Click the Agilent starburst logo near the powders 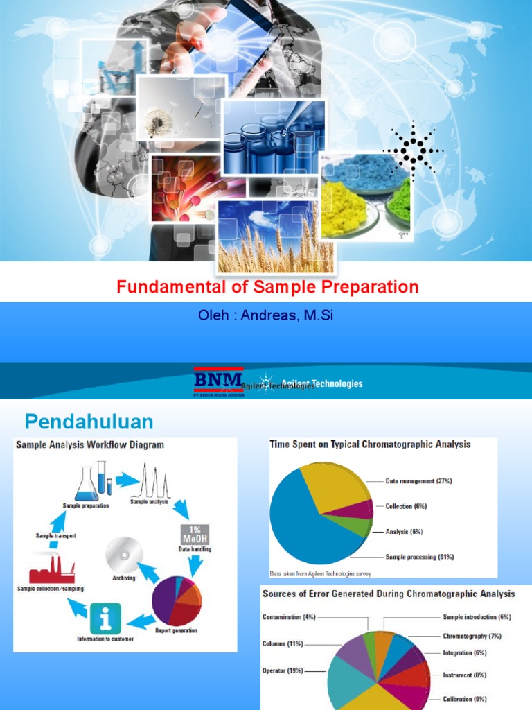click(x=414, y=149)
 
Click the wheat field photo click(x=276, y=236)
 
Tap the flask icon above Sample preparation click(x=87, y=483)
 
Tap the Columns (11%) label click(x=283, y=643)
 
